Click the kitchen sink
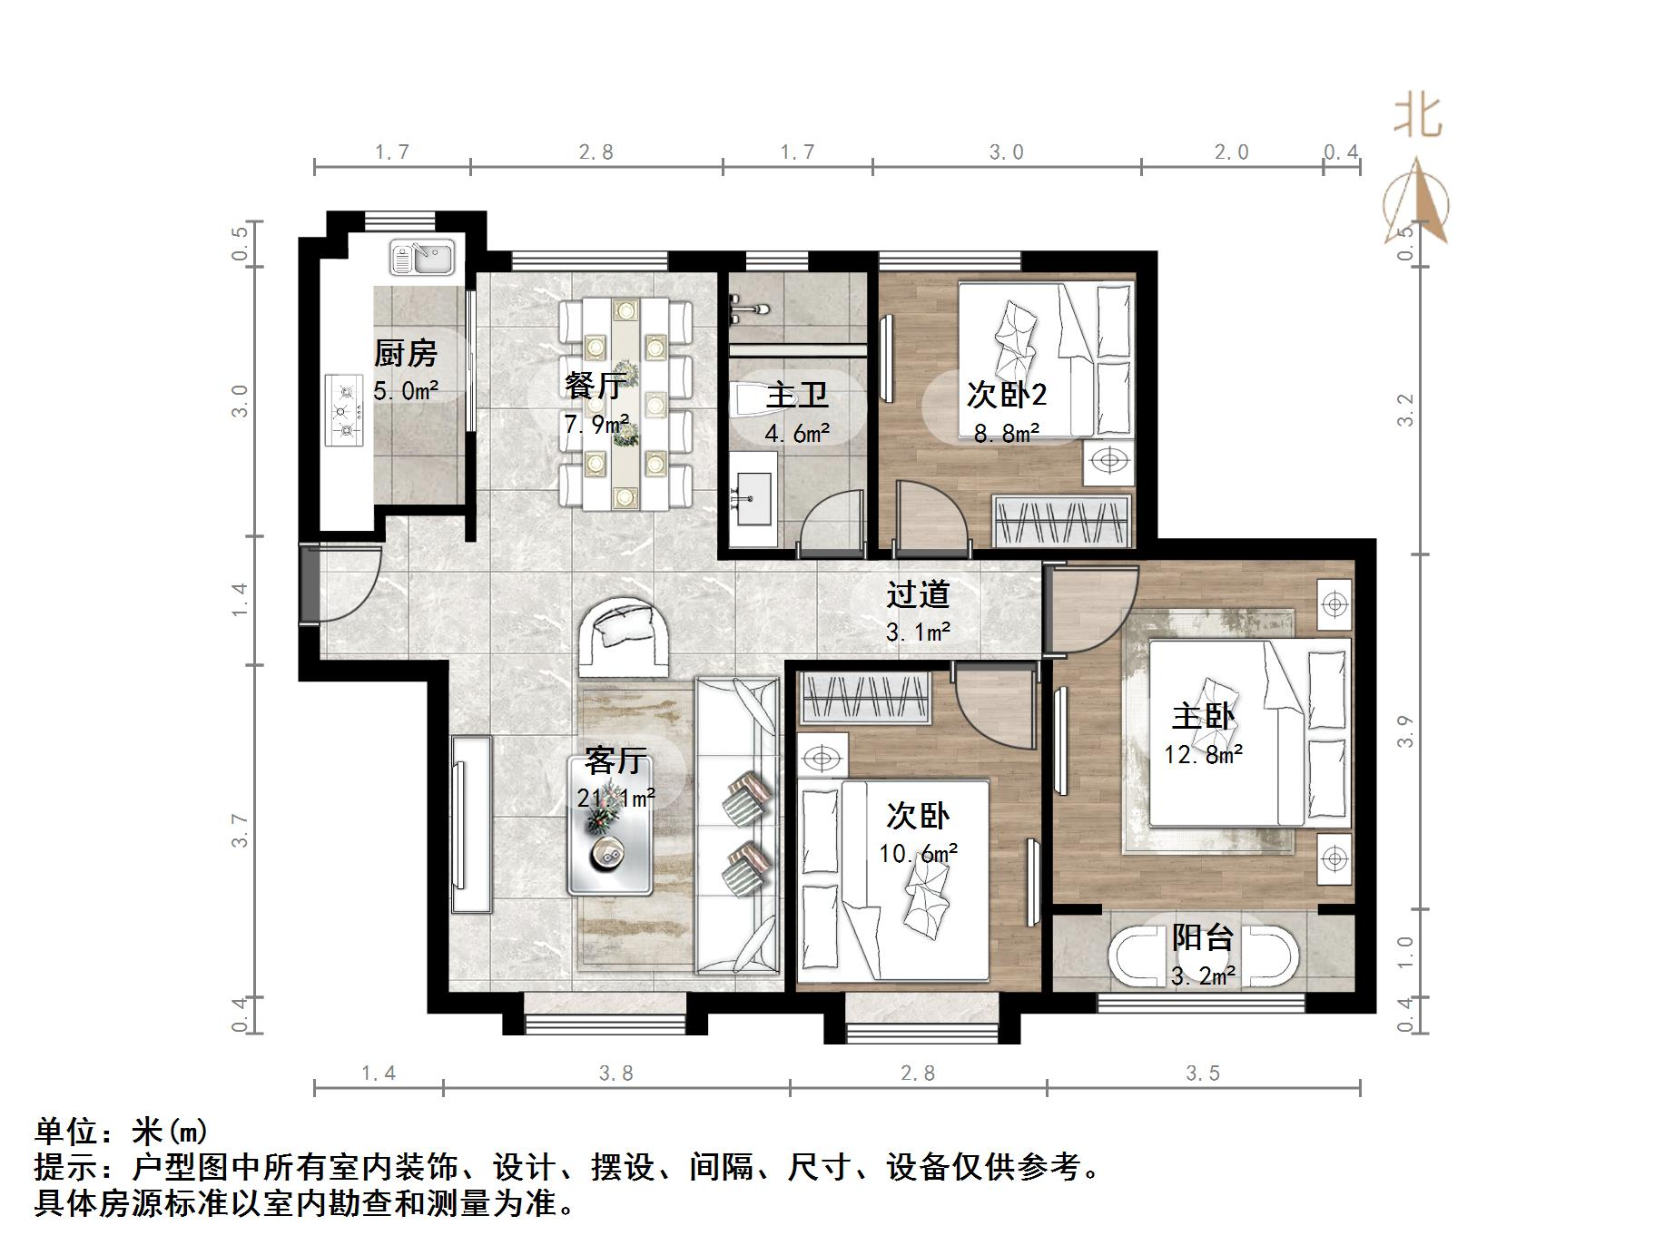[x=422, y=257]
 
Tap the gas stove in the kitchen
[x=344, y=410]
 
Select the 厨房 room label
[x=405, y=353]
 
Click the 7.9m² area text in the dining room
[x=596, y=424]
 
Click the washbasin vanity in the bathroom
[x=753, y=499]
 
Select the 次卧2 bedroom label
[x=1006, y=394]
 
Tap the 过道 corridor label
[x=918, y=594]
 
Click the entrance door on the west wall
[x=310, y=584]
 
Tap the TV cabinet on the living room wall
[x=471, y=824]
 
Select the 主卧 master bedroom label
[x=1203, y=717]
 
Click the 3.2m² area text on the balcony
[x=1202, y=976]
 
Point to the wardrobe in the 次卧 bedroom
[x=867, y=698]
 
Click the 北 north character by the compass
[x=1418, y=117]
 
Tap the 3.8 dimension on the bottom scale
[x=615, y=1074]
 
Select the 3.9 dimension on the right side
[x=1405, y=731]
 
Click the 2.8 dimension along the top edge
[x=596, y=152]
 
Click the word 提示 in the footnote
[x=65, y=1167]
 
